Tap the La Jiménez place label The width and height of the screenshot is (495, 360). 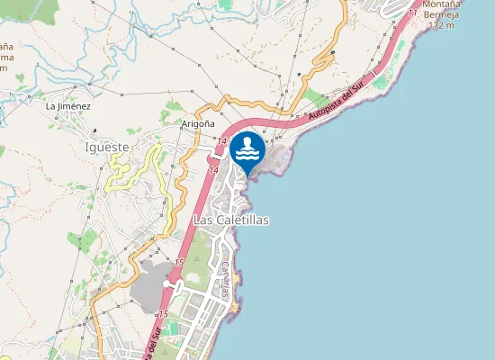click(68, 106)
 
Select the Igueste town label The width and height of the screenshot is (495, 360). click(106, 146)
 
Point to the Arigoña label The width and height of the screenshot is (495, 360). click(198, 123)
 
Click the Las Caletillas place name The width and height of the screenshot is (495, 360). click(231, 220)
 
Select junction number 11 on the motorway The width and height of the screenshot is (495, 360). click(411, 13)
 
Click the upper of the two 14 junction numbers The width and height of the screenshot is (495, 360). click(220, 141)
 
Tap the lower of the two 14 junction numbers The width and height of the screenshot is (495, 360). click(213, 169)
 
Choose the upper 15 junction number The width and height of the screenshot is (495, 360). click(179, 262)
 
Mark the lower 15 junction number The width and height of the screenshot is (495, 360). click(163, 313)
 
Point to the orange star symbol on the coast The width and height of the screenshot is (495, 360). click(235, 309)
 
